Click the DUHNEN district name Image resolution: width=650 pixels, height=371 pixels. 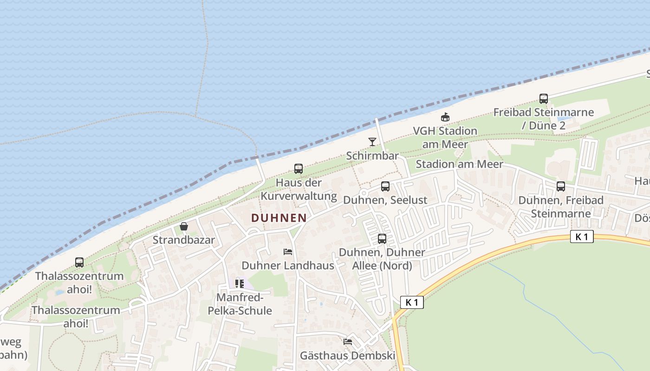(279, 217)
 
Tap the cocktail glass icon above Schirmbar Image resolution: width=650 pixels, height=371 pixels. (372, 141)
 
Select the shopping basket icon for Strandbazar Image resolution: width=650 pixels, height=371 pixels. (184, 226)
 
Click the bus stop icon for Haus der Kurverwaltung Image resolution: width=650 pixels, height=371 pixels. (299, 169)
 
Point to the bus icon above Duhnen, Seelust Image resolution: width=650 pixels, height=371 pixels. (385, 186)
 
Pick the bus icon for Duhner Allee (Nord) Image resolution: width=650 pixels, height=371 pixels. (382, 239)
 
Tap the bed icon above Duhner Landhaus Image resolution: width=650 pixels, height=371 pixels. (288, 252)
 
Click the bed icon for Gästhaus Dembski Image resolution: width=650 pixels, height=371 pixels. (348, 342)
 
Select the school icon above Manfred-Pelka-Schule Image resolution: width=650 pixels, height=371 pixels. (240, 283)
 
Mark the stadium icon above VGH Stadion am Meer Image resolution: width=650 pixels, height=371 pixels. (445, 117)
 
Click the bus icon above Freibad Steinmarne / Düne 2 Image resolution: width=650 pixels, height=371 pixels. (544, 98)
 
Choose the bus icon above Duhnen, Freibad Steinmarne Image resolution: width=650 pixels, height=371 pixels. (561, 186)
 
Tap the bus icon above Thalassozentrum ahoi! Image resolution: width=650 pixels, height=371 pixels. (79, 262)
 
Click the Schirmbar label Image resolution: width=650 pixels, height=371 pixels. (372, 155)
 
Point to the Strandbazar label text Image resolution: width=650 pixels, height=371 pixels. (184, 240)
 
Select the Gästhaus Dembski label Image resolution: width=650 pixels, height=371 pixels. (348, 356)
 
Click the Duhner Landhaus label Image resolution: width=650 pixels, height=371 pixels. (288, 265)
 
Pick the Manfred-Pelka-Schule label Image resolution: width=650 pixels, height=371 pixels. (244, 304)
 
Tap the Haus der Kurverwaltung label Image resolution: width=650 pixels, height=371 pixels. (299, 189)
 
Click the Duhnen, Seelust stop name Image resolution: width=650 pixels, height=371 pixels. (385, 200)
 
